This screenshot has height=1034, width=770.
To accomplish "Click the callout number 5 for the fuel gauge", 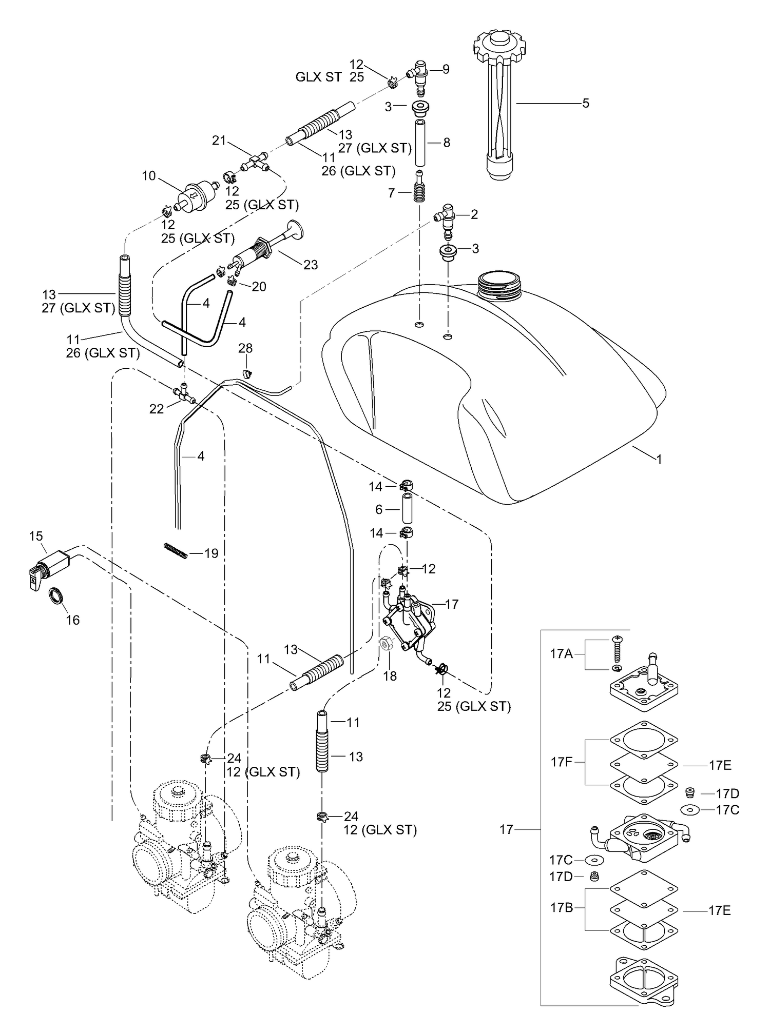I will pyautogui.click(x=586, y=104).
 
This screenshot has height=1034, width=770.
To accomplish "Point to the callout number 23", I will pyautogui.click(x=311, y=265).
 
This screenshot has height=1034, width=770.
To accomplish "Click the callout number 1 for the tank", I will pyautogui.click(x=659, y=460).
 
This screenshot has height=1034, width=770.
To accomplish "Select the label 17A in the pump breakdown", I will pyautogui.click(x=561, y=654).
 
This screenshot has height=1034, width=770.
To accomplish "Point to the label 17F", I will pyautogui.click(x=562, y=762).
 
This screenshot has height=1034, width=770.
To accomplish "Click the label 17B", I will pyautogui.click(x=562, y=907).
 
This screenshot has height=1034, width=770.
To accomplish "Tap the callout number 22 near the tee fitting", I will pyautogui.click(x=157, y=408).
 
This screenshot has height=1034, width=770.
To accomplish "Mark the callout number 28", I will pyautogui.click(x=245, y=348).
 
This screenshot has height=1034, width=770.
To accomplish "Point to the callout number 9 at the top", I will pyautogui.click(x=446, y=69).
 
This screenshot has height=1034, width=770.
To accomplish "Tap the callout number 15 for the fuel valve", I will pyautogui.click(x=36, y=536).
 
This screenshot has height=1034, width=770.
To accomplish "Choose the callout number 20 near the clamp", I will pyautogui.click(x=259, y=286).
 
